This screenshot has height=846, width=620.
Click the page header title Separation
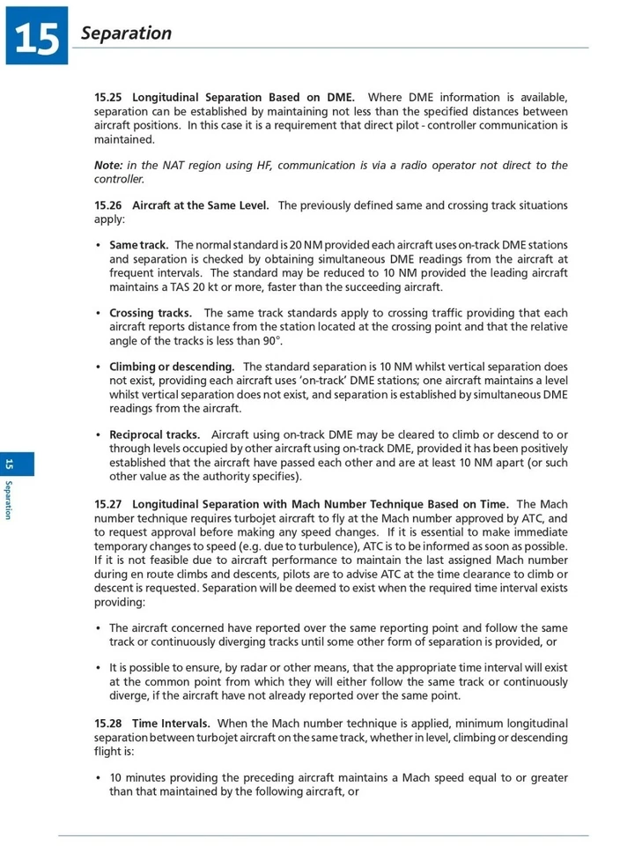(126, 33)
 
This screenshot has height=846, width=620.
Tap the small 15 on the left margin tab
(10, 464)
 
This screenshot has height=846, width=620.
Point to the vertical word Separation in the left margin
(10, 500)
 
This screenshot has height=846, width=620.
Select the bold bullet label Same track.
(138, 245)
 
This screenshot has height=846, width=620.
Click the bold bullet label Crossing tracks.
(151, 313)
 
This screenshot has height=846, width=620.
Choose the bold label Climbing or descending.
(172, 367)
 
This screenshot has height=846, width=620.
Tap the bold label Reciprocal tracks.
(154, 434)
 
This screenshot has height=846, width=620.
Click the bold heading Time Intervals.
(171, 724)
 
